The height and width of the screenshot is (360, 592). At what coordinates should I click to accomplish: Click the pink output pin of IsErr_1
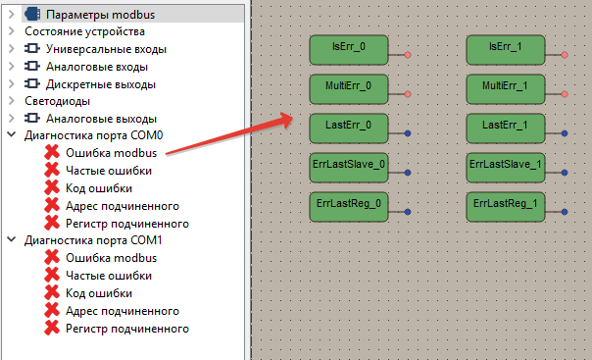tap(566, 56)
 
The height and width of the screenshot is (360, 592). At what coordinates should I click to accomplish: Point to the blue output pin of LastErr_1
tap(566, 133)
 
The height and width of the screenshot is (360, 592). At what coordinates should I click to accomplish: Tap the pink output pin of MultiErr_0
tap(408, 94)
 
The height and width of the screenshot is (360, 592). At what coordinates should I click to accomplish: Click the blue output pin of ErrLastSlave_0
tap(408, 173)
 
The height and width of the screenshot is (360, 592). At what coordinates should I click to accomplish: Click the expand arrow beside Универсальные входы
tap(11, 49)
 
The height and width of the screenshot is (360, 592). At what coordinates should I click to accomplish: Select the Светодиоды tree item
tap(57, 101)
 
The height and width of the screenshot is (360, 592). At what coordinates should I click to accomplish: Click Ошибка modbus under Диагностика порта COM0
tap(111, 153)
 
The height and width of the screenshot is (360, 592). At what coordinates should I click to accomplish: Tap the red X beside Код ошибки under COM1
tap(51, 293)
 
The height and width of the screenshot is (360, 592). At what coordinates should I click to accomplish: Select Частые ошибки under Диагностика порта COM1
tap(108, 276)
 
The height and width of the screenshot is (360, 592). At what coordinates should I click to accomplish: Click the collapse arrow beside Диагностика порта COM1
tap(11, 240)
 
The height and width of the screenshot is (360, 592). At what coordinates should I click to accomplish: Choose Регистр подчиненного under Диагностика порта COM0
tap(126, 224)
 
